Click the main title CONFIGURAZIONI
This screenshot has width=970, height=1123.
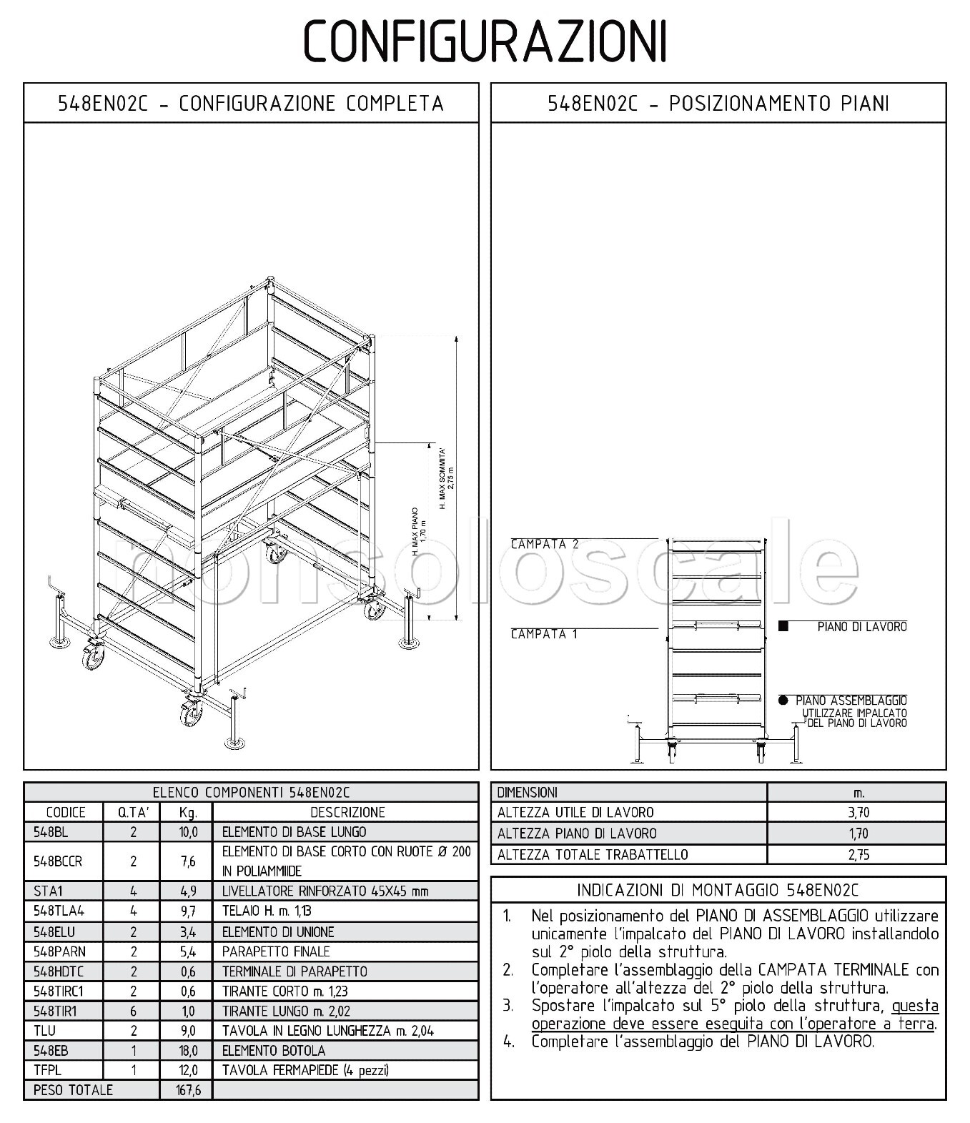[485, 41]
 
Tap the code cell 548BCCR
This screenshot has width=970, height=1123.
[58, 861]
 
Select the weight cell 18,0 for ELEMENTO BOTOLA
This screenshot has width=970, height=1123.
[187, 1051]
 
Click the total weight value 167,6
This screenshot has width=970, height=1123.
[187, 1090]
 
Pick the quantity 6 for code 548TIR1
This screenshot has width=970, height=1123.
[133, 1011]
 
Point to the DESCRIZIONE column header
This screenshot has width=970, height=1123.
[347, 812]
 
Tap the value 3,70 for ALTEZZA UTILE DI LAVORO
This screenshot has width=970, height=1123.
[858, 813]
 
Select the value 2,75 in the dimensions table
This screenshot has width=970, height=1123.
[858, 855]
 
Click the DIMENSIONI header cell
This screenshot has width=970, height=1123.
[528, 793]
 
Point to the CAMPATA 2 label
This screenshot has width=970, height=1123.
[545, 545]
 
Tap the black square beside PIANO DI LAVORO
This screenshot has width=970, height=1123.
[783, 627]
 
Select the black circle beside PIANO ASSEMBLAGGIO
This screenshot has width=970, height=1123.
[783, 701]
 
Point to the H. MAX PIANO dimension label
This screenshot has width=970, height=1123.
[419, 533]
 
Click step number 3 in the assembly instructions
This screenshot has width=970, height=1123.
[508, 1006]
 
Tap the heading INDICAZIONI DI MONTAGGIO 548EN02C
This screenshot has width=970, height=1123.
[718, 890]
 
